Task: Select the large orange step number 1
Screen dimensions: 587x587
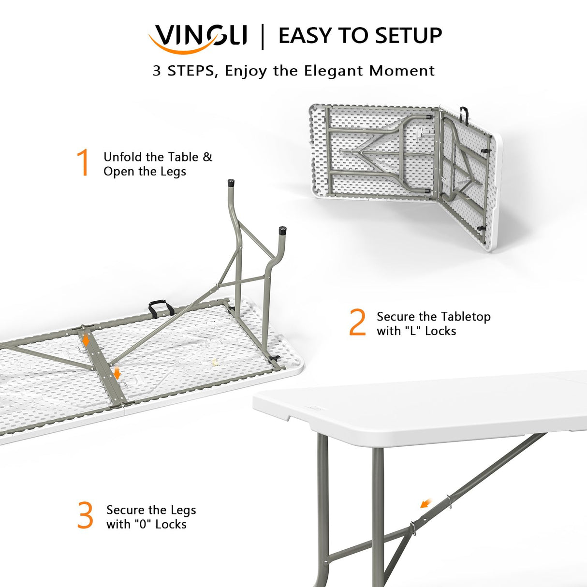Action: click(x=83, y=162)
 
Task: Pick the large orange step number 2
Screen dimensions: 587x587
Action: click(x=358, y=323)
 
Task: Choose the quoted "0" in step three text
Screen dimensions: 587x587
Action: click(x=144, y=525)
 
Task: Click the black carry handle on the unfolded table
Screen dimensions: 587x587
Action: click(x=161, y=308)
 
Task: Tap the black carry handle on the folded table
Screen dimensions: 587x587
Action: click(x=464, y=114)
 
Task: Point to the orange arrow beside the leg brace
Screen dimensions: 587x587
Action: click(x=426, y=504)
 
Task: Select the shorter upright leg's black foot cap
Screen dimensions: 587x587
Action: click(x=282, y=230)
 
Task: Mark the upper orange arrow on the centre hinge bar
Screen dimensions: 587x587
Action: click(x=86, y=340)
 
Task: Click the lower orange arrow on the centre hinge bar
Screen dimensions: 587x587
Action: click(x=117, y=373)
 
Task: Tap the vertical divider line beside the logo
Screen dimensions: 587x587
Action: click(x=263, y=36)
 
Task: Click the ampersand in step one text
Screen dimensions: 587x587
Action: click(x=207, y=157)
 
